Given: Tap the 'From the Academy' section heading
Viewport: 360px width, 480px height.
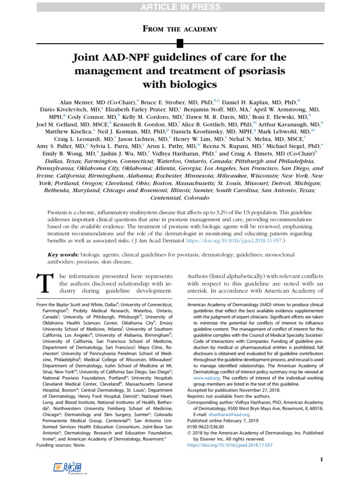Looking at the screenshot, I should (180, 29).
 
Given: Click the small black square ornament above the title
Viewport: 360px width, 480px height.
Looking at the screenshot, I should (180, 45).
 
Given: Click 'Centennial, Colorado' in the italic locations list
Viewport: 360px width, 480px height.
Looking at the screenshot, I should (180, 198).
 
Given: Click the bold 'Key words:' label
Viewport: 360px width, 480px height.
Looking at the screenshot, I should (63, 254).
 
